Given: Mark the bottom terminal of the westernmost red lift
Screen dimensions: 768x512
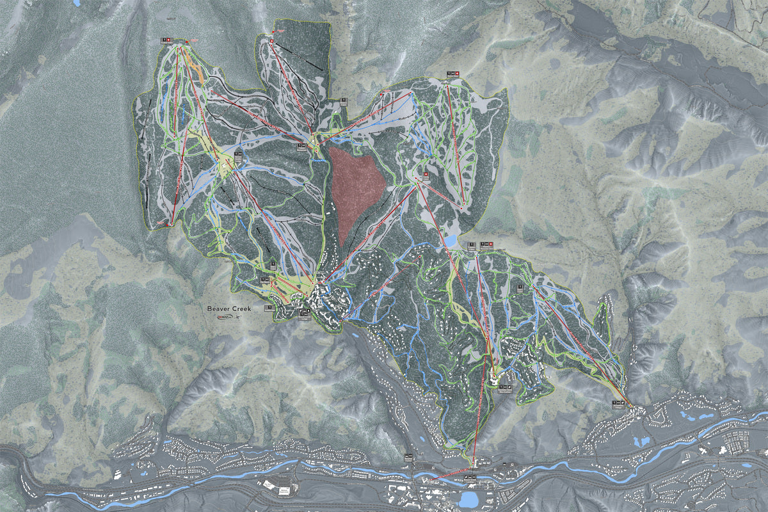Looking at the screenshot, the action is [168, 225].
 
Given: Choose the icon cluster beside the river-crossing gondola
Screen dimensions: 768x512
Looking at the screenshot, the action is [470, 477].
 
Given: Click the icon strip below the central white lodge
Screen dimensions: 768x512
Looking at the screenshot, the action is [499, 387].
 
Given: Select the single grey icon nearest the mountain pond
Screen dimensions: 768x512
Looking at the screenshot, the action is [472, 244].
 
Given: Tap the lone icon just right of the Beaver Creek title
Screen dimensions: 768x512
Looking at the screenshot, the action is [268, 308].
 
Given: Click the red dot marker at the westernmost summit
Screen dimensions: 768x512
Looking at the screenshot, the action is [186, 42].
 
